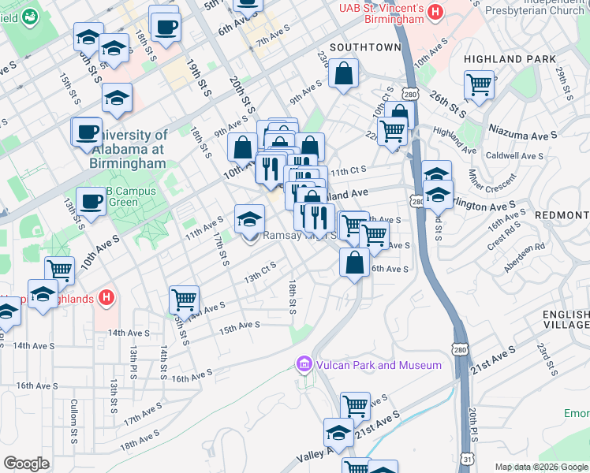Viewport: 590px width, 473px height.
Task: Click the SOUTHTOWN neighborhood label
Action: (x=365, y=47)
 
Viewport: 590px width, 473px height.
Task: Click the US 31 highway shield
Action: (x=468, y=459)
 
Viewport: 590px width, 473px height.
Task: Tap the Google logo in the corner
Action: (x=27, y=464)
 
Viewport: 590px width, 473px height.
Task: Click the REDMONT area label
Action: (x=562, y=214)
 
